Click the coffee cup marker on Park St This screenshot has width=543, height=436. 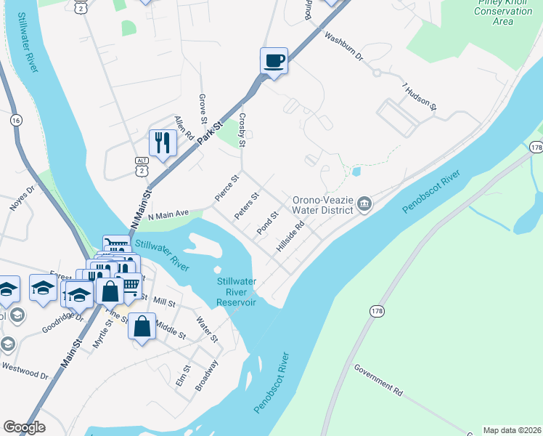274,61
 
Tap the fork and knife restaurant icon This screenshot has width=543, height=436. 162,142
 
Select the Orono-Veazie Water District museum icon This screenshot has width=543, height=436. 364,206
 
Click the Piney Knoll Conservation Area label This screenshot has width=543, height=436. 503,12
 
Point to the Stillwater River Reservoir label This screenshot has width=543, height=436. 237,291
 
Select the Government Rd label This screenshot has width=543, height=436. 378,379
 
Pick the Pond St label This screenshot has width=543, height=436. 268,223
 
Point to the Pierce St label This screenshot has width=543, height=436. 226,188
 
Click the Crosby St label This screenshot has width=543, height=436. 243,129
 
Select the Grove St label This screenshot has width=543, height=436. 204,109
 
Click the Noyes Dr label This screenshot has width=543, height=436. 22,198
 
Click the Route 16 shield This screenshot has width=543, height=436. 17,120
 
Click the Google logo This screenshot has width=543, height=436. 24,427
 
